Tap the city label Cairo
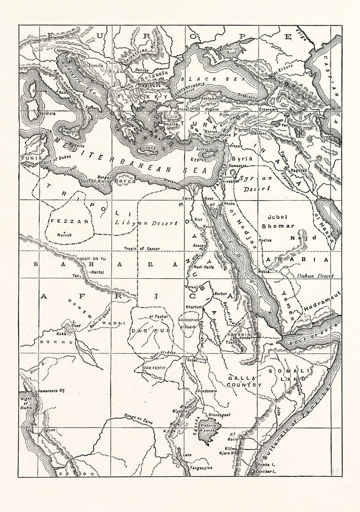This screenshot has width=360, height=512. [x=188, y=199]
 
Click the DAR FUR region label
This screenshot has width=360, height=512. [x=146, y=331]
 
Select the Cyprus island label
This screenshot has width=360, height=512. [x=198, y=160]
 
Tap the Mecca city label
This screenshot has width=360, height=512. [x=265, y=271]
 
